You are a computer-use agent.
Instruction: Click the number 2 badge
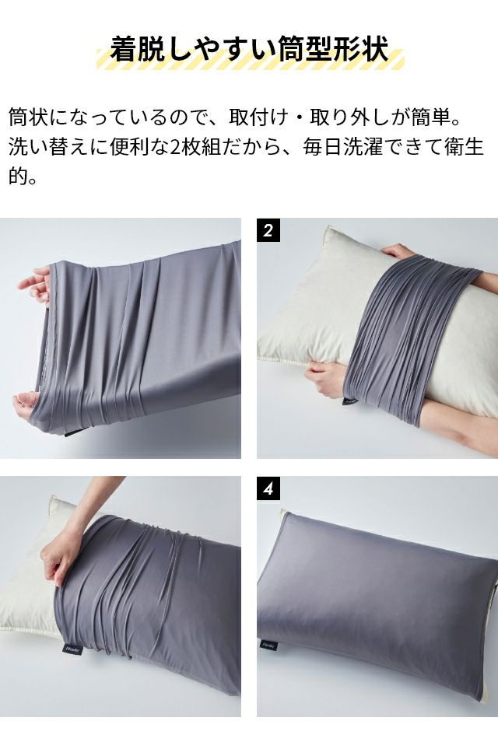pyautogui.click(x=268, y=230)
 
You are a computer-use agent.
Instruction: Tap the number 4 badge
pyautogui.click(x=268, y=489)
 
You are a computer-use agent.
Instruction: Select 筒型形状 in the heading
pyautogui.click(x=333, y=48)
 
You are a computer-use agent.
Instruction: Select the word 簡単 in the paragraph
pyautogui.click(x=431, y=117)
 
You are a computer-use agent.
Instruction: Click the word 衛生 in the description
pyautogui.click(x=464, y=147)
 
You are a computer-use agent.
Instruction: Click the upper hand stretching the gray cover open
pyautogui.click(x=35, y=285)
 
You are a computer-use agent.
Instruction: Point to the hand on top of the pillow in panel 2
pyautogui.click(x=398, y=251)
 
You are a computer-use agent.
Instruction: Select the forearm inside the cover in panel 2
pyautogui.click(x=460, y=422)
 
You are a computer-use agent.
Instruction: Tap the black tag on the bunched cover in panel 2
pyautogui.click(x=349, y=401)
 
